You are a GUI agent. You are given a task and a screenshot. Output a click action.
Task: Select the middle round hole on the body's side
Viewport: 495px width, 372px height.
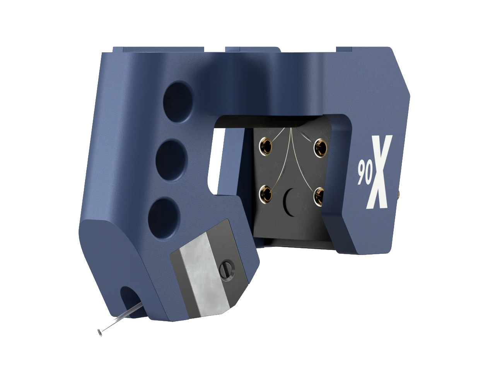click(x=171, y=153)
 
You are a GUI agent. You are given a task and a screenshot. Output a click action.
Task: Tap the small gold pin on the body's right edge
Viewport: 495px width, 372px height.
click(x=398, y=193)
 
